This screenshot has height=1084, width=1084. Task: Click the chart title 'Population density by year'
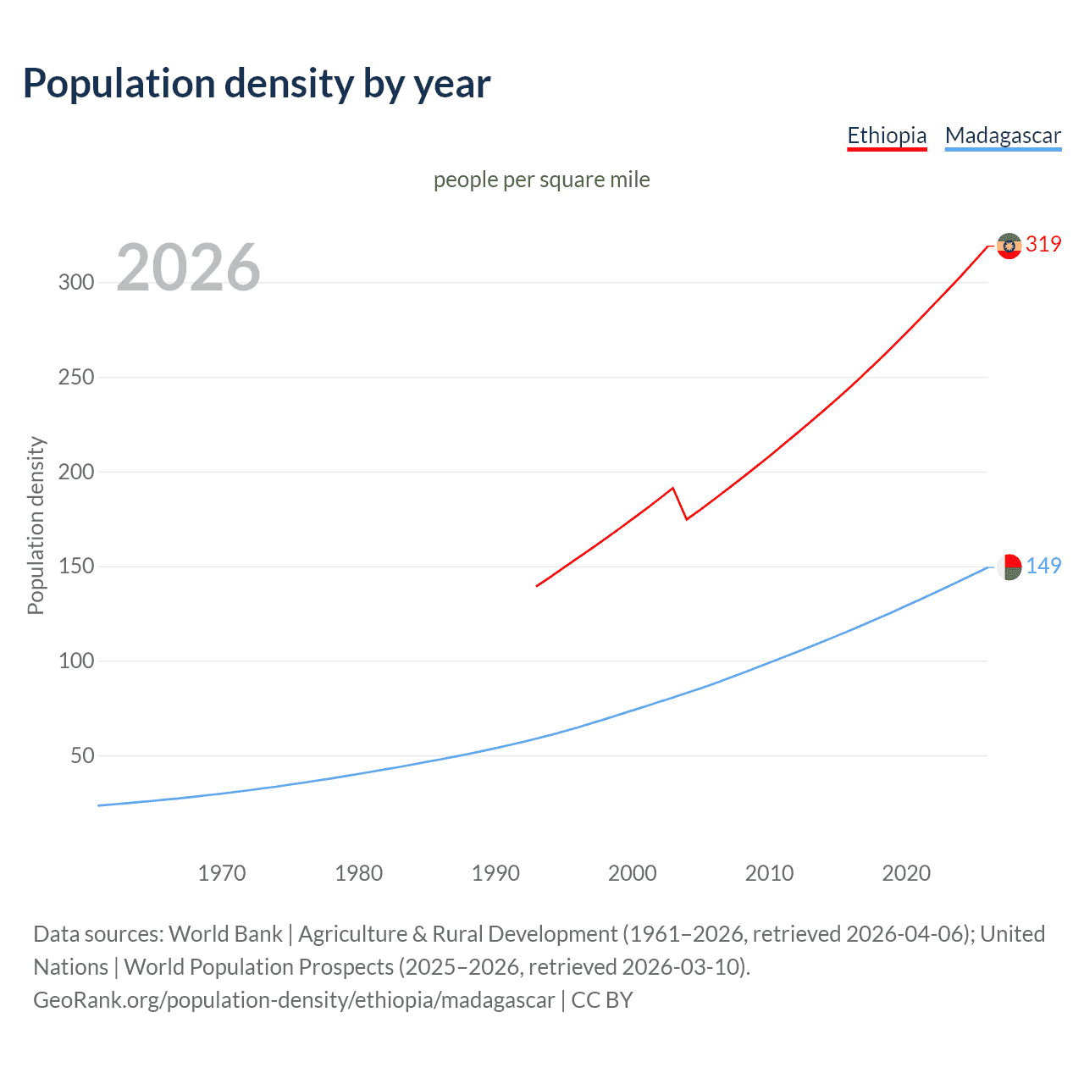(x=257, y=84)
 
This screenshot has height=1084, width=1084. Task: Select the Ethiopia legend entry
(x=887, y=135)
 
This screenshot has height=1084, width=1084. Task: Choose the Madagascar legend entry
(x=1003, y=135)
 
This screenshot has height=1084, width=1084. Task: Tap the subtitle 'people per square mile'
(x=541, y=180)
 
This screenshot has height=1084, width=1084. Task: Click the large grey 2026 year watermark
(x=188, y=268)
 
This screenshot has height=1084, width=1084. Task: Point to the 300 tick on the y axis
(x=76, y=283)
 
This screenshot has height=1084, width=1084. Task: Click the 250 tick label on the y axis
(x=76, y=378)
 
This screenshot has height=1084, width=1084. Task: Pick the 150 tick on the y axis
(x=76, y=567)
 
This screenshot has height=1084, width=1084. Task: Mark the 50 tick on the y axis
(x=82, y=755)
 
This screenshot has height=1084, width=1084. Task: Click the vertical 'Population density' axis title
(x=36, y=525)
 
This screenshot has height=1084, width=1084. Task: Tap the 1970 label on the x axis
(x=222, y=873)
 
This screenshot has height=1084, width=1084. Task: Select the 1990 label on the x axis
(x=495, y=873)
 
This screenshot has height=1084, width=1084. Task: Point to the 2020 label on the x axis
(x=906, y=873)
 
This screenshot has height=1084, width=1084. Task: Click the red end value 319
(x=1043, y=245)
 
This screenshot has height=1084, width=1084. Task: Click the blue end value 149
(x=1043, y=566)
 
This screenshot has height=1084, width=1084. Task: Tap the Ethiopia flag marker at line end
(x=1009, y=246)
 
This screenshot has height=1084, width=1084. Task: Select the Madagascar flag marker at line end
(x=1009, y=567)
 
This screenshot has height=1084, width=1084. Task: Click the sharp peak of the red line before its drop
(x=672, y=488)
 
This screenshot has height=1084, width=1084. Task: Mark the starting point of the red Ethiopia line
(x=537, y=585)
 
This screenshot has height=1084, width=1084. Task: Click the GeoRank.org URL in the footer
(x=294, y=1000)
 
